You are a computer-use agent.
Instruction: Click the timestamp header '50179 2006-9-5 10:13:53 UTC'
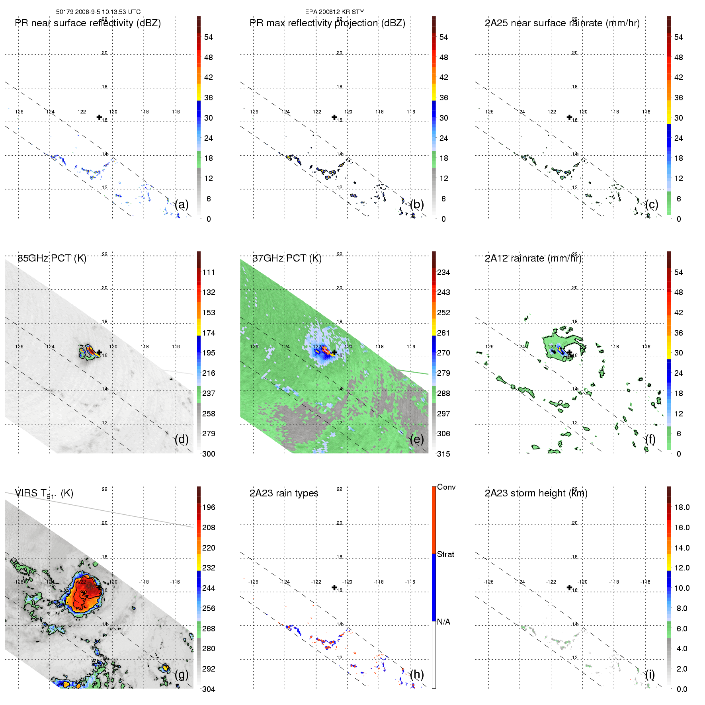pyautogui.click(x=98, y=12)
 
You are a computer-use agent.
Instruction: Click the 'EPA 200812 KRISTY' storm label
pyautogui.click(x=334, y=12)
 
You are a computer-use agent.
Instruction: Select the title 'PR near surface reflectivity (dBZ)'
pyautogui.click(x=88, y=23)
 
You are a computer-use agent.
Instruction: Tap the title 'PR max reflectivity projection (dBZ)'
pyautogui.click(x=327, y=23)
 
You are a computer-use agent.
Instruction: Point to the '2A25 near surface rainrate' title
pyautogui.click(x=562, y=23)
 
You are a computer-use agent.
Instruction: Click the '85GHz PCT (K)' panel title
pyautogui.click(x=52, y=258)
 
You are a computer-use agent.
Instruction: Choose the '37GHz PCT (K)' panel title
pyautogui.click(x=287, y=258)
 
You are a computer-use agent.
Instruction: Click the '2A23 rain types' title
pyautogui.click(x=284, y=493)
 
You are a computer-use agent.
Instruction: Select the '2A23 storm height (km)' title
pyautogui.click(x=536, y=493)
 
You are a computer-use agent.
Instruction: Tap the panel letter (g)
pyautogui.click(x=182, y=674)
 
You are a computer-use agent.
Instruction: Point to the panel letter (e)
pyautogui.click(x=417, y=439)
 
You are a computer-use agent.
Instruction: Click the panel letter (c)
pyautogui.click(x=652, y=205)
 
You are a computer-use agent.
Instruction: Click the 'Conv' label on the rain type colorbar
pyautogui.click(x=446, y=487)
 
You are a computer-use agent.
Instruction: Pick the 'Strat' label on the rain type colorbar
pyautogui.click(x=445, y=554)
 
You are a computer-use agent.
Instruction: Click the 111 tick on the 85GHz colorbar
pyautogui.click(x=209, y=272)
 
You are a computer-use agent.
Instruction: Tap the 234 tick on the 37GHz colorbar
pyautogui.click(x=443, y=272)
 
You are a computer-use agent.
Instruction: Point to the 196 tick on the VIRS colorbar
pyautogui.click(x=209, y=507)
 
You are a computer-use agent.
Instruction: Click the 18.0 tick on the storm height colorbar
pyautogui.click(x=682, y=507)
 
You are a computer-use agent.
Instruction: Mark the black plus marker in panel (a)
pyautogui.click(x=99, y=117)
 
